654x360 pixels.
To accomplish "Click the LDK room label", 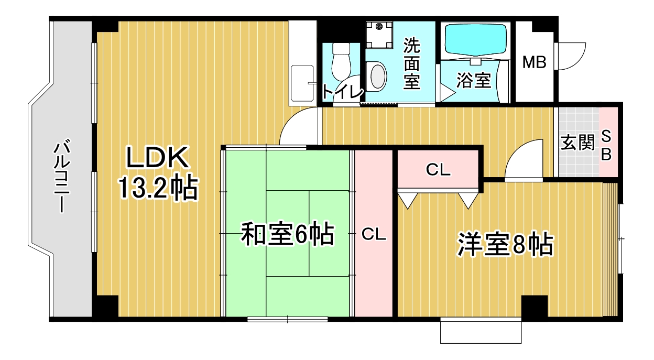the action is pyautogui.click(x=157, y=158).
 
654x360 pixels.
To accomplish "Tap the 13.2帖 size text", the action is pyautogui.click(x=158, y=188).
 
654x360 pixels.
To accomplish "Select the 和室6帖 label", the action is pyautogui.click(x=287, y=234).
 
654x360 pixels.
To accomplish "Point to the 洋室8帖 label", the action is pyautogui.click(x=505, y=245).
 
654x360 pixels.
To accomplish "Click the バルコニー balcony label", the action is pyautogui.click(x=62, y=177).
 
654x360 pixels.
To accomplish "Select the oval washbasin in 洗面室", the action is pyautogui.click(x=378, y=76).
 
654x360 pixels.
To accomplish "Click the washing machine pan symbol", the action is pyautogui.click(x=379, y=35).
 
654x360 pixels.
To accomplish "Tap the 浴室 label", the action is pyautogui.click(x=474, y=80).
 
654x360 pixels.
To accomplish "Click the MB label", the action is pyautogui.click(x=534, y=62).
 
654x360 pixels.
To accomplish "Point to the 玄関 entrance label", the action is pyautogui.click(x=577, y=143).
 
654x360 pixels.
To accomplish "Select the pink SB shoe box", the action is pyautogui.click(x=608, y=142).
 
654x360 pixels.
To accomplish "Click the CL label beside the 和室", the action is pyautogui.click(x=374, y=234).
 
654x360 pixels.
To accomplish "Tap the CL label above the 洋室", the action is pyautogui.click(x=438, y=170).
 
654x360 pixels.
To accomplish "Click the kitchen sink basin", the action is pyautogui.click(x=302, y=83).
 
